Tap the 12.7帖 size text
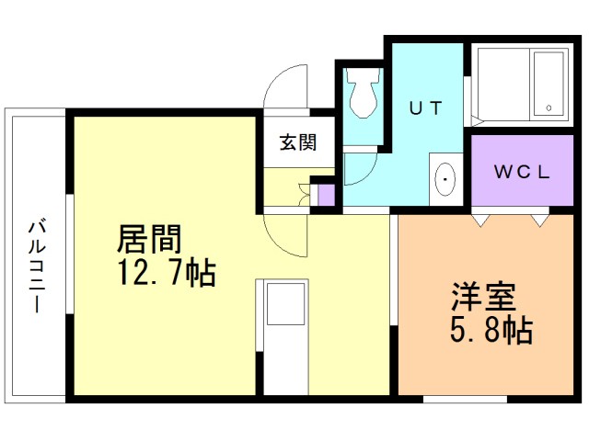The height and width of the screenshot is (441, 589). pos(165,272)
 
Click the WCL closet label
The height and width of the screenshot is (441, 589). pos(520,171)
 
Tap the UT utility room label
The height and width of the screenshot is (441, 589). pos(426,107)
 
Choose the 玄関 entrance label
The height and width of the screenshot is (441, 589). pos(298,142)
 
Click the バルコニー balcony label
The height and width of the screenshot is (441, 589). pos(37,266)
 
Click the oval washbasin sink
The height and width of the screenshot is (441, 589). pos(445,178)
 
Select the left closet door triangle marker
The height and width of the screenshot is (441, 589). pos(480,220)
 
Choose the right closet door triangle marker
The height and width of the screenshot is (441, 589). pos(538,220)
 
